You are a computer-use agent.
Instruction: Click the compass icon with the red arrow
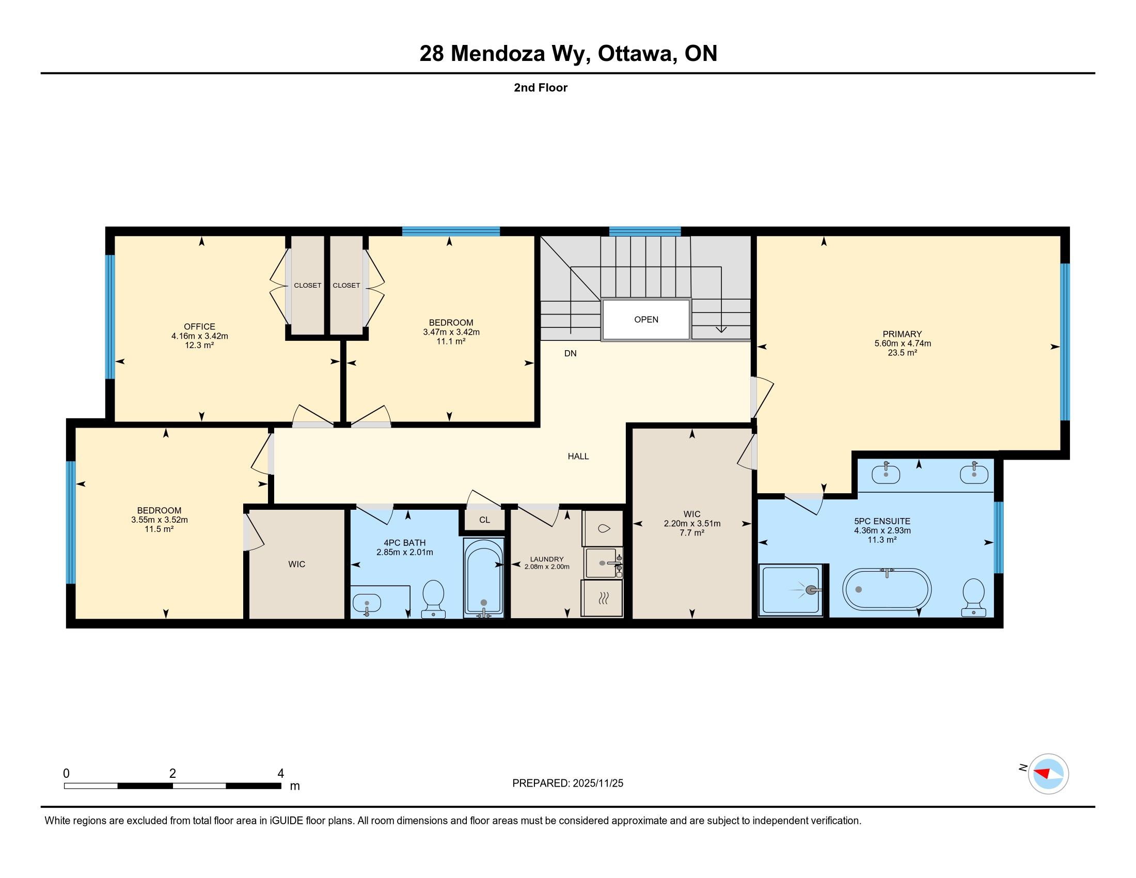tap(1049, 774)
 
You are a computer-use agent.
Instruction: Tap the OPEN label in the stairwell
tap(646, 319)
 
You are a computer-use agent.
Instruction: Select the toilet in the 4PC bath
tap(433, 599)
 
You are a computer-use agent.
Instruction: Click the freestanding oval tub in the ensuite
tap(887, 589)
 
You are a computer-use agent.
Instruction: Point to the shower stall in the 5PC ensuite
tap(791, 590)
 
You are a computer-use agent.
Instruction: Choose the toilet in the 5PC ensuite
tap(974, 598)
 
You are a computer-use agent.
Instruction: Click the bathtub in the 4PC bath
tap(484, 578)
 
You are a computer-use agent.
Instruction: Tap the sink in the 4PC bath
tap(367, 603)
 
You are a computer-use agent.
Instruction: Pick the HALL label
tap(578, 456)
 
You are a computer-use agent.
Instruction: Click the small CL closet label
tap(484, 520)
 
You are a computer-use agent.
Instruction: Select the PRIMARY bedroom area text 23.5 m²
tap(902, 353)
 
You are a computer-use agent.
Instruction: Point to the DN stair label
tap(571, 353)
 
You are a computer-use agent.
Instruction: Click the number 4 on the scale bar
tap(280, 774)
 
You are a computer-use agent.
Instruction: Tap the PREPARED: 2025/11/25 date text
tap(567, 783)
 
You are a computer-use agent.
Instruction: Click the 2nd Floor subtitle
tap(541, 87)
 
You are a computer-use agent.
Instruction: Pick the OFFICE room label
tap(200, 326)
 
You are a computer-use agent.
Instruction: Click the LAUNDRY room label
tap(547, 559)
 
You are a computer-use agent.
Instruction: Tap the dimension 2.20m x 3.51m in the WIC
tap(692, 523)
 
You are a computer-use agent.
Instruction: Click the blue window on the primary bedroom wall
tap(1065, 342)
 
